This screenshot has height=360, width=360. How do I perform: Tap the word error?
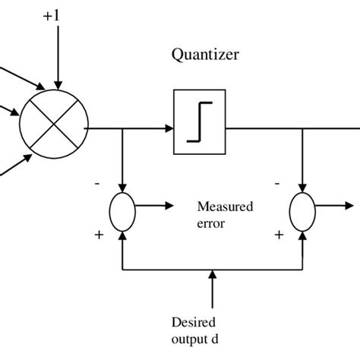click(210, 223)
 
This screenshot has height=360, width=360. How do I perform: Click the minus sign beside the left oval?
click(98, 183)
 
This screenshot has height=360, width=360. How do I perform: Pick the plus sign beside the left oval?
click(99, 235)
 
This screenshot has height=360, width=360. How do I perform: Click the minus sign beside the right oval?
click(279, 183)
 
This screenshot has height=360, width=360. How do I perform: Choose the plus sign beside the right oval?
click(279, 235)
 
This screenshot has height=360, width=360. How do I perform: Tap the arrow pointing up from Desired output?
click(212, 285)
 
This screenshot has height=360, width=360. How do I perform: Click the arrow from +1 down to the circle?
click(58, 61)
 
